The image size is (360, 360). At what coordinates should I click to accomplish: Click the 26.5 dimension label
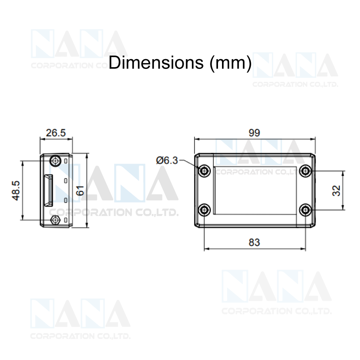pos(56,133)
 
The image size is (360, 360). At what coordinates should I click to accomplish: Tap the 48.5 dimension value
pos(16,191)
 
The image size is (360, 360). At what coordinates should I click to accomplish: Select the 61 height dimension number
pos(80,190)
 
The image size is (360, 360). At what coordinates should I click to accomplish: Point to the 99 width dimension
pos(254,133)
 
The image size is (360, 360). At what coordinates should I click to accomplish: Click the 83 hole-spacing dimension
pos(254,242)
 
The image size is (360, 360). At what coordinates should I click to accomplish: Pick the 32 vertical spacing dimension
pos(336,190)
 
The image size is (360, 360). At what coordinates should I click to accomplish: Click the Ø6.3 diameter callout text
pos(167,160)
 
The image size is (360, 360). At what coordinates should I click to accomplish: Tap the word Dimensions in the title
pos(156,62)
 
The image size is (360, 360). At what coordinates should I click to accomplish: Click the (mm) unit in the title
pos(231,63)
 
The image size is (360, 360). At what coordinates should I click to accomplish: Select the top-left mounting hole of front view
pos(204,171)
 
